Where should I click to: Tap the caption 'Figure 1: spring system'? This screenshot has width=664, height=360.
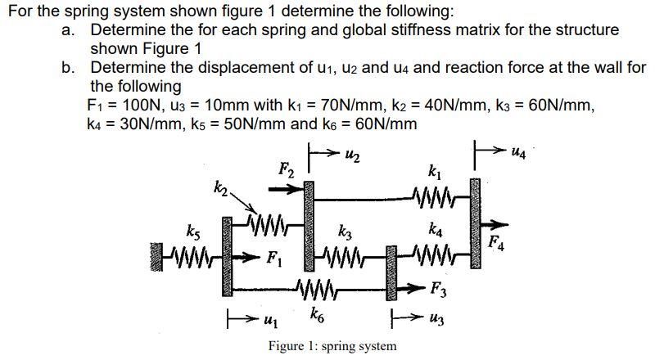pos(332,345)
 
